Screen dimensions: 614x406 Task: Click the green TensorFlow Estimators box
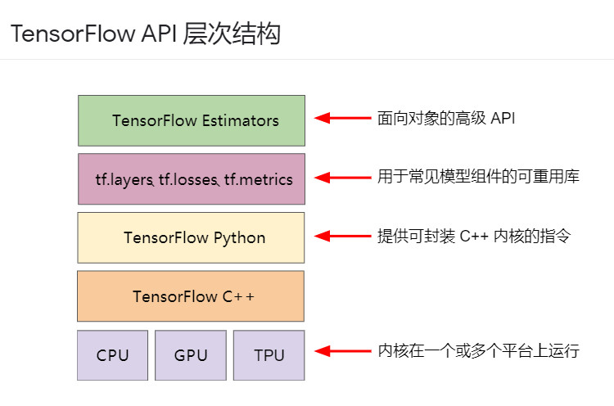coord(192,120)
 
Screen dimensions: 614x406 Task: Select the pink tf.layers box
coord(192,179)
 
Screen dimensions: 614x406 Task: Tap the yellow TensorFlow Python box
coord(191,237)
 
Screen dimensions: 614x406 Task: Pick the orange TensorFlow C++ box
coord(191,296)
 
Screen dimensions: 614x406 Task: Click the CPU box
coord(112,355)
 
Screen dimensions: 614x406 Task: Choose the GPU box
coord(191,355)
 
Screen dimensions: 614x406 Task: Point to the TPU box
coord(269,355)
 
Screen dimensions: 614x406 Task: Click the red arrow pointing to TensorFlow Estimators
coord(343,118)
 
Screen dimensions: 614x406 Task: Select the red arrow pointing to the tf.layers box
coord(343,178)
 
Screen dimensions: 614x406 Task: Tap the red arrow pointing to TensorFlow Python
coord(343,236)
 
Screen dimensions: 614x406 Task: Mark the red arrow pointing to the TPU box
coord(343,351)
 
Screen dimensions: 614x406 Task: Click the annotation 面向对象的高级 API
coord(446,118)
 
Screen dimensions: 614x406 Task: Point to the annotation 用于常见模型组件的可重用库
coord(478,177)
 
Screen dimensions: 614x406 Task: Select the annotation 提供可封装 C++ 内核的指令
coord(474,236)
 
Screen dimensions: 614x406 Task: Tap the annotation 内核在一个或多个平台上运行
coord(478,350)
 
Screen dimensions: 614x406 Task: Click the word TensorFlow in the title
coord(73,34)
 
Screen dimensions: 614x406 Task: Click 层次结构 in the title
coord(232,34)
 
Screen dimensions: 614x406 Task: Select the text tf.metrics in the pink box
coord(259,180)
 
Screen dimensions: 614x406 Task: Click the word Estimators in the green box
coord(241,120)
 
